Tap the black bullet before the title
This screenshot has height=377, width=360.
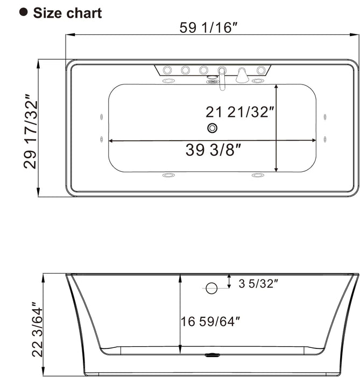pos(23,12)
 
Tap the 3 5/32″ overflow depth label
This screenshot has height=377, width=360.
pos(258,283)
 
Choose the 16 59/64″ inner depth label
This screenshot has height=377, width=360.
pos(210,322)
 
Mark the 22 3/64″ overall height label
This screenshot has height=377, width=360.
pos(37,330)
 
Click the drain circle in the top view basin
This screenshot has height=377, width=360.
pos(212,128)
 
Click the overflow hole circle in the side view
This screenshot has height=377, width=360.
pos(211,288)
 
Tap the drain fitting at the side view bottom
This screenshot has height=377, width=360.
pos(212,355)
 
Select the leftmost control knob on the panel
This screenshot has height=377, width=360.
pos(167,70)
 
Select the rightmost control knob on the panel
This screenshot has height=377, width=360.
pos(262,70)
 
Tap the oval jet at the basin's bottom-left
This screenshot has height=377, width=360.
pos(169,176)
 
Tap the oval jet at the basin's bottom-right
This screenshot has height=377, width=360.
pos(258,176)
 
